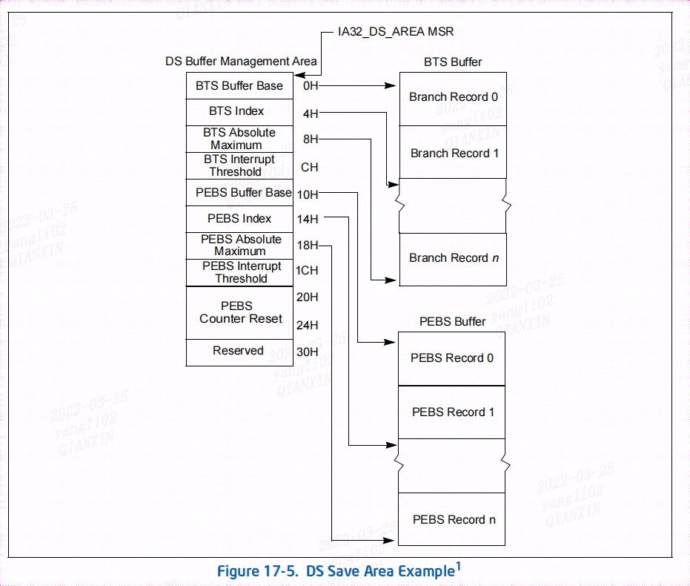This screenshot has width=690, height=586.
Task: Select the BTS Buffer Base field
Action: pos(239,86)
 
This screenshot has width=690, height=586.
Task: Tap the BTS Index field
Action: pos(236,111)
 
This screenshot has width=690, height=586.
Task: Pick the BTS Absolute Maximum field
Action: pos(239,139)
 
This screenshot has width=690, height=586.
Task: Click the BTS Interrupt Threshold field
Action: pos(239,165)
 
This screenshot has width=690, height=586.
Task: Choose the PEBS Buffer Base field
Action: pos(243,193)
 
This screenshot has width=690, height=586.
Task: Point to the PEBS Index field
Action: pos(239,219)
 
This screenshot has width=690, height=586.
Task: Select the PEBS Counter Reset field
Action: pos(240,312)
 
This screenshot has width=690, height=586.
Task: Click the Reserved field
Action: pos(238,351)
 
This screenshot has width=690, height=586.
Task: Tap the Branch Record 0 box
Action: pos(453,98)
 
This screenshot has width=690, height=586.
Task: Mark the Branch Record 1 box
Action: pos(453,153)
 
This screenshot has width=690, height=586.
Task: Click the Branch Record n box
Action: pos(453,258)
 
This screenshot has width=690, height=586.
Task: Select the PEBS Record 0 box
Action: pos(452,358)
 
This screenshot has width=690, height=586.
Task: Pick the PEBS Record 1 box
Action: pos(452,412)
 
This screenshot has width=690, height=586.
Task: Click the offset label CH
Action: pos(309,168)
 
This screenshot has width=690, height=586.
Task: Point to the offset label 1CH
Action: pos(307,271)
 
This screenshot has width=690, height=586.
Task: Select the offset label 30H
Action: pos(307,352)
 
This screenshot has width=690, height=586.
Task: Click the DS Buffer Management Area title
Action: pos(241,62)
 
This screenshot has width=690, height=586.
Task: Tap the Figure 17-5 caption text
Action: pos(339,571)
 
